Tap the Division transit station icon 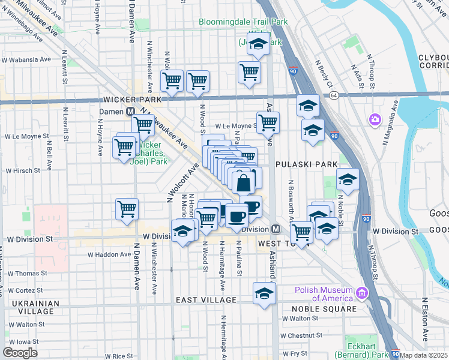pos(276,229)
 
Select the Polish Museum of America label pos(324,294)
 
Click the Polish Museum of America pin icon pos(362,293)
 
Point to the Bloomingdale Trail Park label pos(243,22)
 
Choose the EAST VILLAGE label pos(206,299)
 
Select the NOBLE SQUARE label pos(325,309)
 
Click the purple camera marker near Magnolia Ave pos(376,119)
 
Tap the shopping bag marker pos(244,183)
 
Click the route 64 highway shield pos(334,95)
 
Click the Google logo pos(20,352)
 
